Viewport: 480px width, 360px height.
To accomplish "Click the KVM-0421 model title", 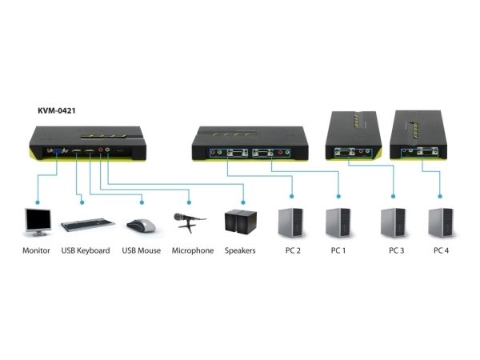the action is [x=57, y=110].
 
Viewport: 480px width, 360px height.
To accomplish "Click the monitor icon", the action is [x=38, y=222].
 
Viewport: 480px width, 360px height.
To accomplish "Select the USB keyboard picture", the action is [x=87, y=224].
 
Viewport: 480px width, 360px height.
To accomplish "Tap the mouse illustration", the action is [x=141, y=226].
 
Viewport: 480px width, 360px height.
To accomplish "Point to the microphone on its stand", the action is [x=190, y=222].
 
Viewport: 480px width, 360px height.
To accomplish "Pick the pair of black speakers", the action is [x=240, y=222].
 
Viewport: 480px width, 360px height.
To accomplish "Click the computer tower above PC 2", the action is [x=291, y=222].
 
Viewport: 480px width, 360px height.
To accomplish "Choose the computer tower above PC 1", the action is [x=338, y=222].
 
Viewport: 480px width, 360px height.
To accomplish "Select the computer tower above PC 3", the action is [x=393, y=222].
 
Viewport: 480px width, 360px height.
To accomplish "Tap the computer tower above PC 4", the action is [x=441, y=222].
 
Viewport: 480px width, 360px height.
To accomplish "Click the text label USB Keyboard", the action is [x=86, y=250].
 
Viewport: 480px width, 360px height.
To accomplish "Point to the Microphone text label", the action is [x=193, y=250].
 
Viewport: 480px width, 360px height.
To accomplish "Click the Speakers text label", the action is [x=240, y=250].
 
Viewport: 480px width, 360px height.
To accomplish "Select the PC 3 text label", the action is [x=397, y=250].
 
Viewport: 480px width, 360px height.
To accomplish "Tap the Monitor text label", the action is [x=36, y=250].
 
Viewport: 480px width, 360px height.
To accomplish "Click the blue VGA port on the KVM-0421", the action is [x=57, y=150].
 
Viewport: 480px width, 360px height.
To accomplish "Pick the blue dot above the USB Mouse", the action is [x=142, y=202].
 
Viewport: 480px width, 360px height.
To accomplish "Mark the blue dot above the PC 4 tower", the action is [x=440, y=196].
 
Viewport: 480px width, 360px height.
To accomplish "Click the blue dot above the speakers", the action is [x=243, y=202].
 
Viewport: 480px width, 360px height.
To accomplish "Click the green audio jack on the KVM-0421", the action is [x=107, y=150].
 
